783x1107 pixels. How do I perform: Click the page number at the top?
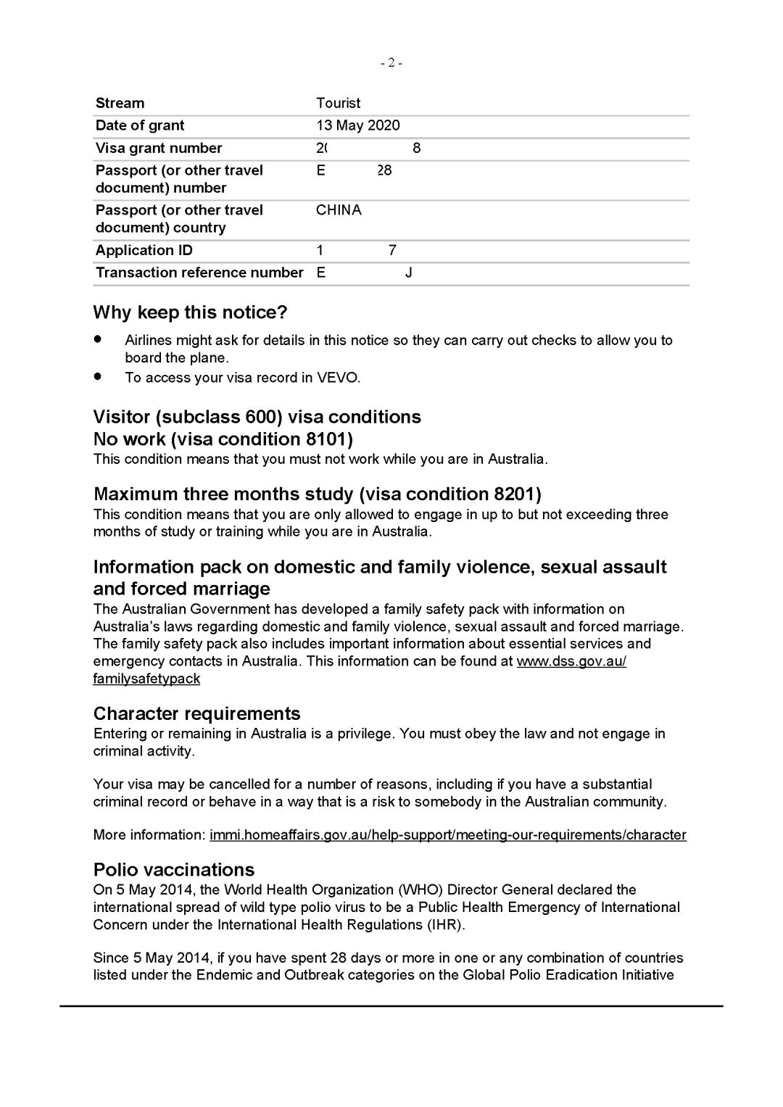tap(391, 63)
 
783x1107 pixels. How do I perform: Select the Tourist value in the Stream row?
tap(338, 103)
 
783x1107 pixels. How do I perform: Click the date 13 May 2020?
tap(358, 125)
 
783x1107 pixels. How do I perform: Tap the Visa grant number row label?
tap(159, 148)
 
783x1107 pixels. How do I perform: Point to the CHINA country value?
tap(339, 210)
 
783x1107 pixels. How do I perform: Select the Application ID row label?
tap(144, 250)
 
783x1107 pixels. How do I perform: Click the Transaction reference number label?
tap(199, 273)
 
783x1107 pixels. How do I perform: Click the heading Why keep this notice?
tap(190, 312)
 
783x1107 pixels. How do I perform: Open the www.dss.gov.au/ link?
tap(571, 661)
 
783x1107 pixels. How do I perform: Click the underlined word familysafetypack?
tap(146, 679)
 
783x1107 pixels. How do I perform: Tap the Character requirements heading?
tap(196, 713)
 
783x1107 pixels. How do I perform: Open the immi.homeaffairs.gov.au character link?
tap(447, 835)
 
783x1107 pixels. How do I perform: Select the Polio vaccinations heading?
tap(174, 870)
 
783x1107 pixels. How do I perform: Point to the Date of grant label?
tap(140, 125)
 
